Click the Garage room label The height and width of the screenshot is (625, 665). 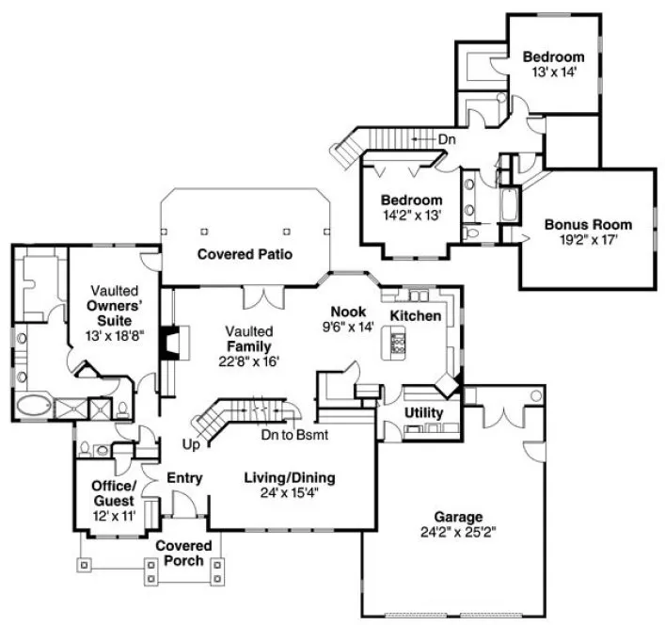click(458, 517)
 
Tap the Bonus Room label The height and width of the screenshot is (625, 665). click(588, 225)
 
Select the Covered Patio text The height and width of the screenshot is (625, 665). click(245, 254)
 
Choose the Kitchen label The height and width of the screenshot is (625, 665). click(415, 315)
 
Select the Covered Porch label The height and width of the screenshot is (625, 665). click(183, 553)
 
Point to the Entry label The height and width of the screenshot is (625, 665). click(184, 478)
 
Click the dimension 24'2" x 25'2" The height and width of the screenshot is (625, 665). click(458, 533)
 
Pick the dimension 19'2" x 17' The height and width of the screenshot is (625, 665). click(588, 240)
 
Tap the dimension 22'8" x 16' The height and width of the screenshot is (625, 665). click(249, 361)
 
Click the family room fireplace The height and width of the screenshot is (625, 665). click(168, 344)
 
